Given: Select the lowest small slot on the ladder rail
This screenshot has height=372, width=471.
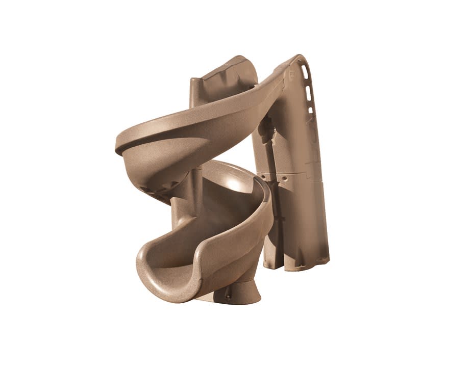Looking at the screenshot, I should [x=310, y=109].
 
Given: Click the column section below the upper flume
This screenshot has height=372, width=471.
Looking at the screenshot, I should [x=181, y=209].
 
